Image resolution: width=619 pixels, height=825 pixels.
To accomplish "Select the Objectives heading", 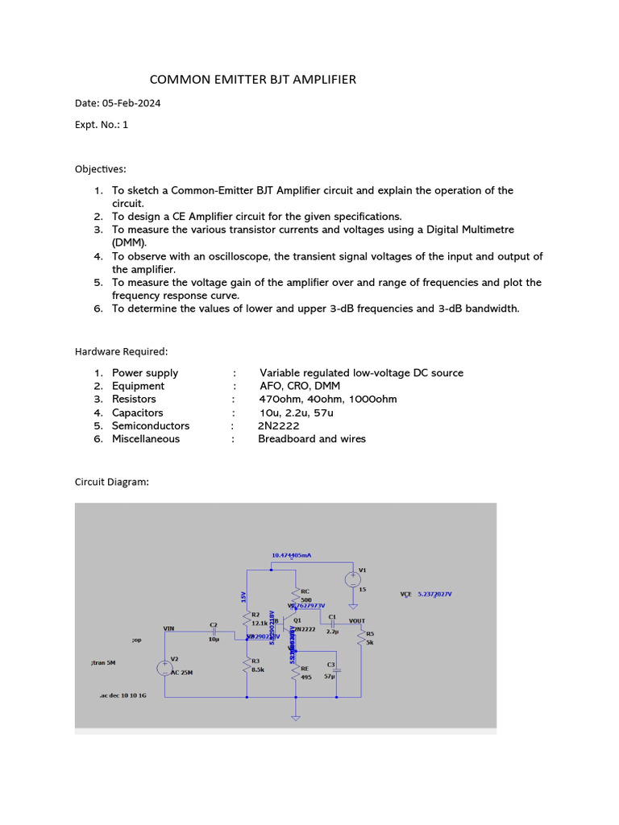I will pyautogui.click(x=101, y=169).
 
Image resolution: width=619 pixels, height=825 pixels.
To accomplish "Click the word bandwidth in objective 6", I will pyautogui.click(x=484, y=309).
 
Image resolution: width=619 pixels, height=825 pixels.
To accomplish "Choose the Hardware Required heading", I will pyautogui.click(x=122, y=352).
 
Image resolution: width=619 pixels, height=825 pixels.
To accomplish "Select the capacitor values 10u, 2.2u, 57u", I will pyautogui.click(x=291, y=412).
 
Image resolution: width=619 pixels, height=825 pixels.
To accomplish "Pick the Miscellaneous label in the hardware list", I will pyautogui.click(x=146, y=439).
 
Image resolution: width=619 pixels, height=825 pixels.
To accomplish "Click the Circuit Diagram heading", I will pyautogui.click(x=112, y=483).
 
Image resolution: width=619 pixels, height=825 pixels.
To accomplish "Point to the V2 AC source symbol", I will pyautogui.click(x=164, y=668).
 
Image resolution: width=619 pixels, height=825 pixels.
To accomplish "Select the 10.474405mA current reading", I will pyautogui.click(x=292, y=556).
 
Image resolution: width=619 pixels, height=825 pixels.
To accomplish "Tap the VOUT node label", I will pyautogui.click(x=356, y=621).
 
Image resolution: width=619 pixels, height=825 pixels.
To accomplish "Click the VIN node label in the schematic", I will pyautogui.click(x=168, y=628).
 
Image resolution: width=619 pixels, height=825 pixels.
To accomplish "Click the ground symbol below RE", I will pyautogui.click(x=296, y=715).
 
